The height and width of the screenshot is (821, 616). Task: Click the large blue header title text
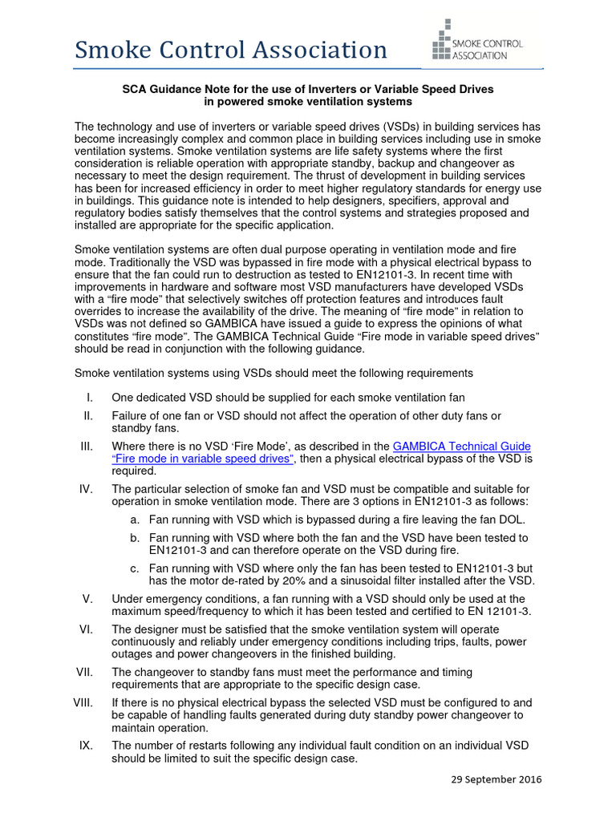click(231, 51)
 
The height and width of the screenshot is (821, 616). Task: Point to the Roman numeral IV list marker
click(86, 488)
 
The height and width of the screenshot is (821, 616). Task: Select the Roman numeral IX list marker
click(86, 745)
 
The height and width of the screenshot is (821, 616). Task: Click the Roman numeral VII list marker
click(85, 672)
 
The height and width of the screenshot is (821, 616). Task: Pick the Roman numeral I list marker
click(89, 397)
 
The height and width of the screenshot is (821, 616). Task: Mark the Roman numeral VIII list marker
click(83, 702)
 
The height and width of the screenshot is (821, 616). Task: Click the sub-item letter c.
click(135, 568)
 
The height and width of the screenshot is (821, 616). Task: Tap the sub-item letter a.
click(135, 520)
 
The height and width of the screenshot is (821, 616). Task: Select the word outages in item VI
click(135, 653)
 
